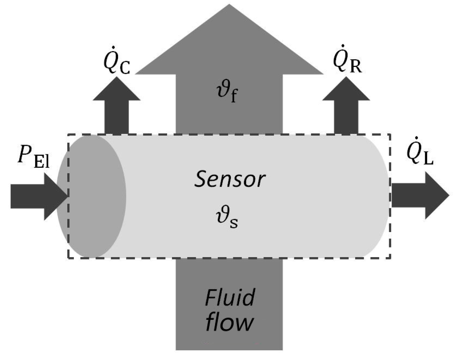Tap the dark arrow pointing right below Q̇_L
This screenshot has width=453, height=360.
pyautogui.click(x=420, y=196)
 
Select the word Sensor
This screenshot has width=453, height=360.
pyautogui.click(x=230, y=180)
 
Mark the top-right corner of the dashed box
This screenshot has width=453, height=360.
pyautogui.click(x=390, y=135)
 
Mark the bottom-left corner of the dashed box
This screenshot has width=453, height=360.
pyautogui.click(x=68, y=258)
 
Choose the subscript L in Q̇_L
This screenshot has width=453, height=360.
pyautogui.click(x=428, y=159)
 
